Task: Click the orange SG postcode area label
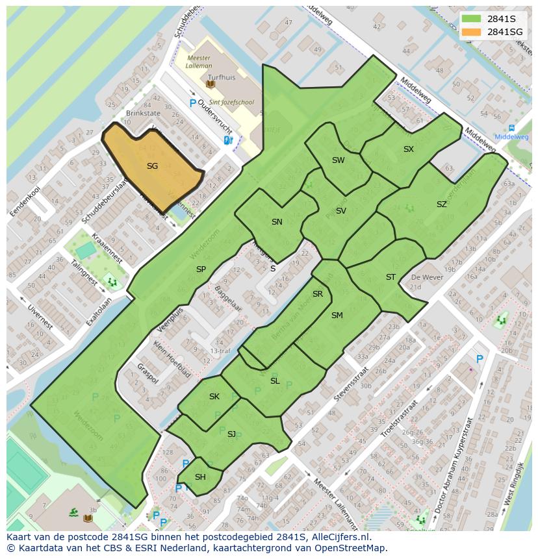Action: click(152, 166)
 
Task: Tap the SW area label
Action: click(338, 160)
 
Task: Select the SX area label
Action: click(408, 149)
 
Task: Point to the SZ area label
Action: click(441, 205)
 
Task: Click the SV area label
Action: click(340, 211)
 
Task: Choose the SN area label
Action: click(277, 222)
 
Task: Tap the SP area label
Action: click(201, 269)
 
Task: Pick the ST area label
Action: click(391, 277)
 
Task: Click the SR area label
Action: click(317, 294)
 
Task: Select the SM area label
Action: click(337, 316)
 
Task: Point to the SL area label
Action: click(275, 381)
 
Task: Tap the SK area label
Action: click(214, 397)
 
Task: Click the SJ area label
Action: click(231, 434)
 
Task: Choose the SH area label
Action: click(200, 477)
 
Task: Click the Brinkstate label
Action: click(142, 113)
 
